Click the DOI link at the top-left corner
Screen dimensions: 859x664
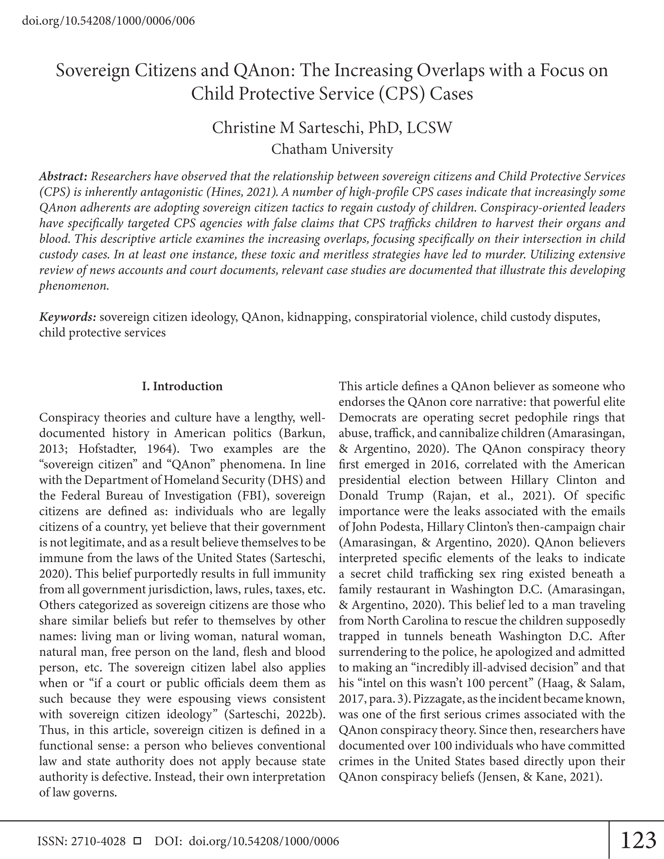(109, 20)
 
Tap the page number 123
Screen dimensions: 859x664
(638, 840)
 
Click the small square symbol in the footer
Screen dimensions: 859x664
(137, 841)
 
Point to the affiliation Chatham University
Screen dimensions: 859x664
(332, 149)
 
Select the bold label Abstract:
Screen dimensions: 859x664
(63, 177)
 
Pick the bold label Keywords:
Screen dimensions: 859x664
(68, 317)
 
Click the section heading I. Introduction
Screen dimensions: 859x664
(182, 386)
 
